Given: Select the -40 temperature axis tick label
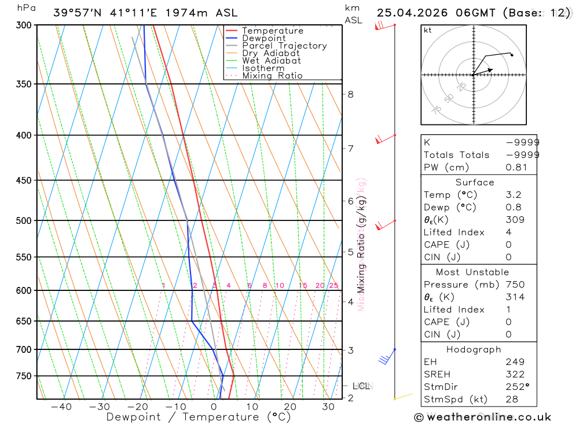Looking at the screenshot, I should tap(61, 407).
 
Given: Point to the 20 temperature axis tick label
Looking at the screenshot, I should tap(290, 407).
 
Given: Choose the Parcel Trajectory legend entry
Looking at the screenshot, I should tap(284, 46).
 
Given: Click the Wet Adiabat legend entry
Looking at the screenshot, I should tap(272, 61).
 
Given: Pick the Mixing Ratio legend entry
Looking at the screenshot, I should tap(272, 76).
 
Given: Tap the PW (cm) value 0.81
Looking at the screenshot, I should tap(516, 168).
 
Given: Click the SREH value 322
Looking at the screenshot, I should tap(515, 374).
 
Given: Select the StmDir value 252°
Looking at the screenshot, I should tap(516, 387).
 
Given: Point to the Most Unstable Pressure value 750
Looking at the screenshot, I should tap(515, 285).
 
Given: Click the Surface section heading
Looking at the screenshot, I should tap(474, 182).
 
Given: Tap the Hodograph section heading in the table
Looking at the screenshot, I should tap(474, 349).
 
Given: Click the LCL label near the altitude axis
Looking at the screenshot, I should tap(361, 386).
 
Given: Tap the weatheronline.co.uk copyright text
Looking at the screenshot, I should tap(482, 417).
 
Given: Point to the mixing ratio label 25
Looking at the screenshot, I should tap(334, 286).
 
